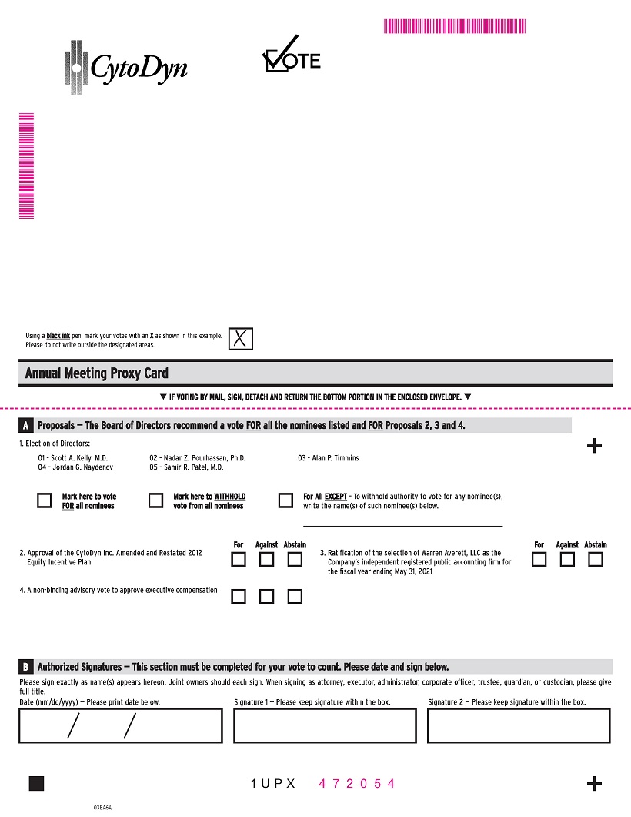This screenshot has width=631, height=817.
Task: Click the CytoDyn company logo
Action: [125, 65]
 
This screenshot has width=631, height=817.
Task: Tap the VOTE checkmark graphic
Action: [291, 55]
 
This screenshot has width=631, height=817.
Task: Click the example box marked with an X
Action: [241, 338]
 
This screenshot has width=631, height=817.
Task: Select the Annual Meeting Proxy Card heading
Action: [97, 373]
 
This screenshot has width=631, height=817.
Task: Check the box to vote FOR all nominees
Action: [45, 501]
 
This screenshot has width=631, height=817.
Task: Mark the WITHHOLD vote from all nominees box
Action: [155, 501]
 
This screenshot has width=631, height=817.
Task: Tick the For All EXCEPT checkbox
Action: [285, 501]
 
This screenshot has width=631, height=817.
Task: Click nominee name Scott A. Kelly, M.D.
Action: [73, 458]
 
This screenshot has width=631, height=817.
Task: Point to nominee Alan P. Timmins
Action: [329, 458]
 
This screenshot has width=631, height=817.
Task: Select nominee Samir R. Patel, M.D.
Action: [186, 467]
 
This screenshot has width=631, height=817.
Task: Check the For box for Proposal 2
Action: [239, 560]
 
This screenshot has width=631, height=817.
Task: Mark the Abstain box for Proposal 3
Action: [595, 560]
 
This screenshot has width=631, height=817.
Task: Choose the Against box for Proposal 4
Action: [266, 597]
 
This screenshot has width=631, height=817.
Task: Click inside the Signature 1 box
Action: [325, 725]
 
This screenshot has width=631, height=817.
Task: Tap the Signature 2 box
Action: [519, 725]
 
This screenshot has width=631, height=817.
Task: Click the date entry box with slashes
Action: [121, 725]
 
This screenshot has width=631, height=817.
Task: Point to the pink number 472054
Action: [357, 784]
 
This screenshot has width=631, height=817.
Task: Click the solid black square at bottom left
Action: [36, 783]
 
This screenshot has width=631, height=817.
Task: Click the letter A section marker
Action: [26, 426]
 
